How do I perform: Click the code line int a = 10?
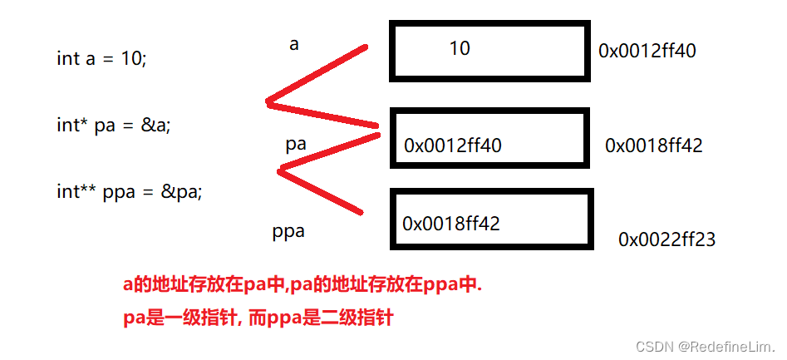(x=101, y=59)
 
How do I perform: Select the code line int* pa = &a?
(x=113, y=126)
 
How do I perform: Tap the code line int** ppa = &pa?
(x=130, y=191)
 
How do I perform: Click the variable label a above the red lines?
(x=293, y=45)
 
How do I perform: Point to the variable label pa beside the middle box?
(x=296, y=144)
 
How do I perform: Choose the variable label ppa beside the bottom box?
(x=288, y=231)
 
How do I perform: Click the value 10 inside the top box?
(x=460, y=48)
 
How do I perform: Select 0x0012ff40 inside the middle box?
(x=453, y=145)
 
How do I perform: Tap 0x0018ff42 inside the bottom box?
(x=451, y=224)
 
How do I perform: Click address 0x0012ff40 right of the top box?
(x=647, y=51)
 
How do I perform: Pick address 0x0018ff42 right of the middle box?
(x=654, y=145)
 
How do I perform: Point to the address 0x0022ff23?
(x=667, y=239)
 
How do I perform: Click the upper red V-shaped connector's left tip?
(x=268, y=103)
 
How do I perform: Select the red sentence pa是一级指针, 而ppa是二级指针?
(x=258, y=317)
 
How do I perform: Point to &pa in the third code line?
(x=180, y=191)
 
